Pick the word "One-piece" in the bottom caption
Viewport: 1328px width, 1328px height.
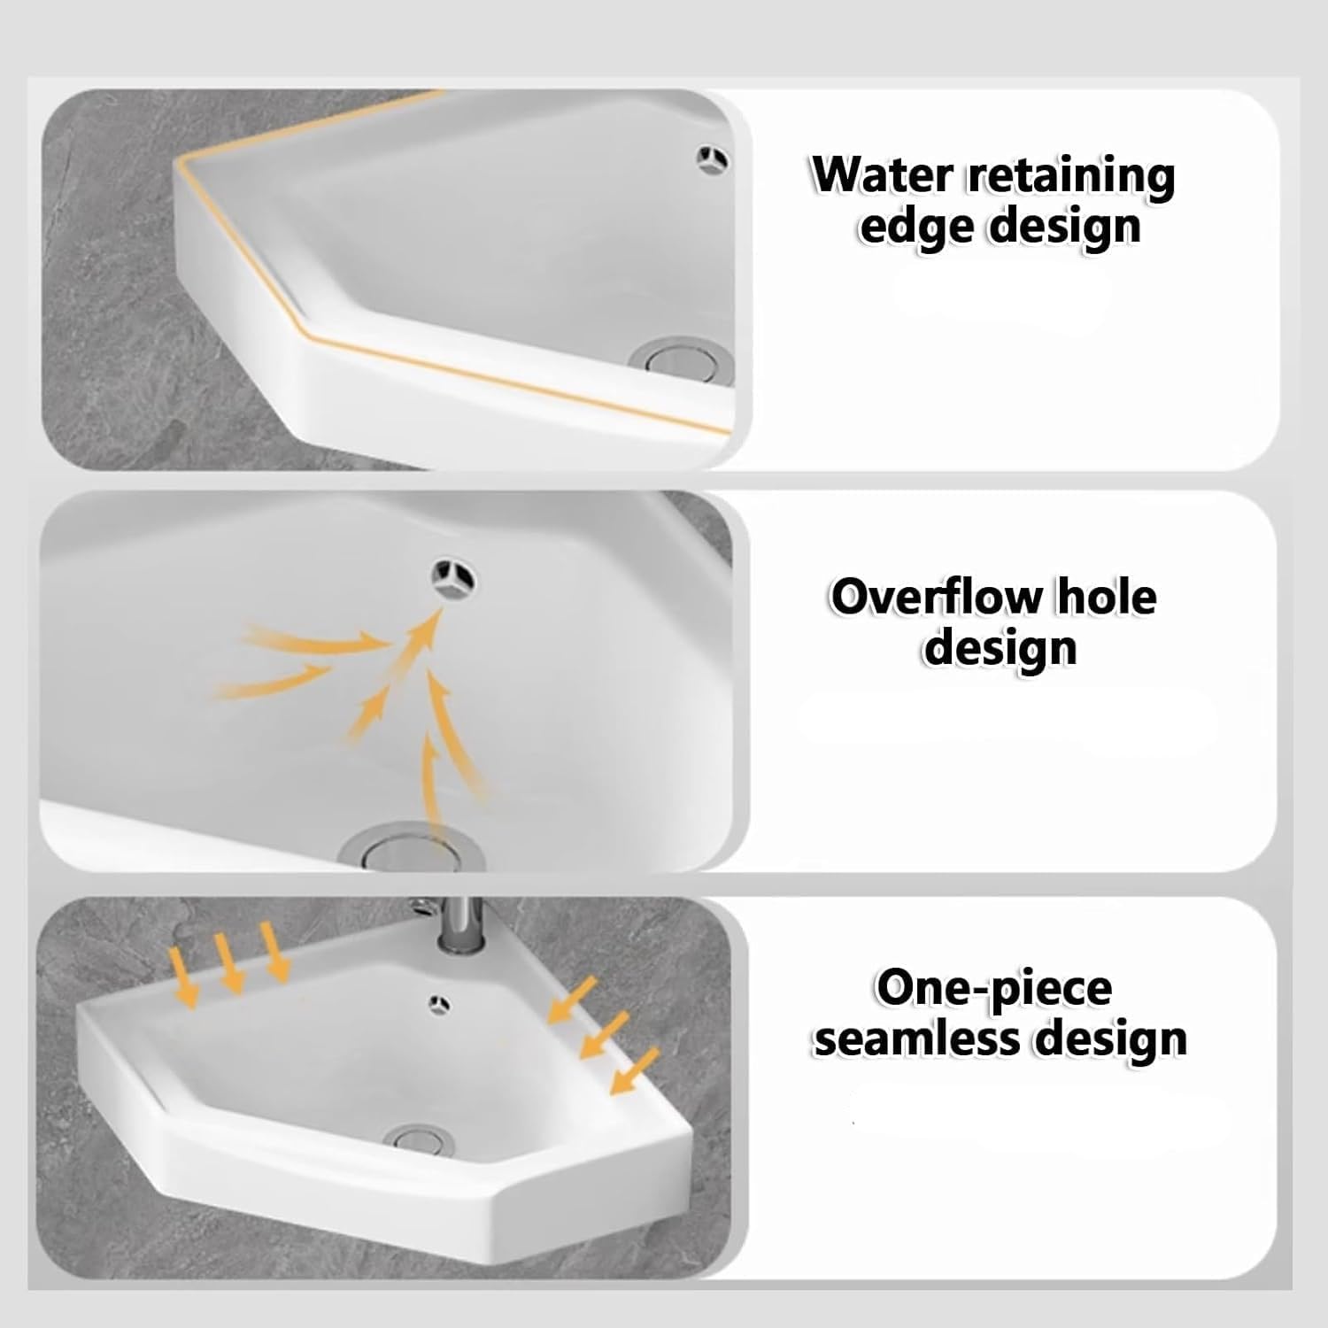click(x=994, y=988)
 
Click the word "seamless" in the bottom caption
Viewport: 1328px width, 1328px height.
click(x=918, y=1039)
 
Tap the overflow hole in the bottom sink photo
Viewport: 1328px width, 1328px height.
click(x=438, y=1003)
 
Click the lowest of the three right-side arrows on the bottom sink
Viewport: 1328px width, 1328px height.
click(x=635, y=1071)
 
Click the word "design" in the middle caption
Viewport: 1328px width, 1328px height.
click(x=1001, y=649)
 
